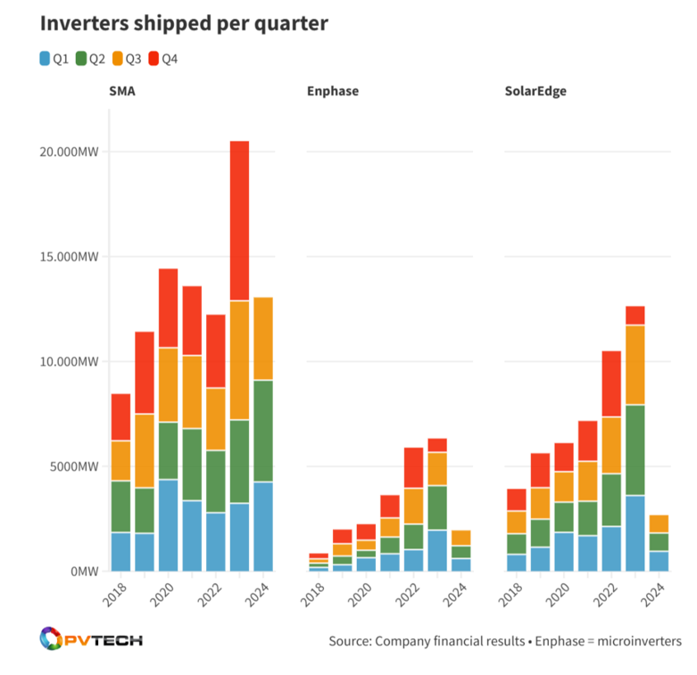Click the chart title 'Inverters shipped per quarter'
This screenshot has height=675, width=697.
point(184,24)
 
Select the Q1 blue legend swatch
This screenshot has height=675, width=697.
point(45,60)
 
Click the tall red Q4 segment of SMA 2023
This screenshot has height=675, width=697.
point(239,220)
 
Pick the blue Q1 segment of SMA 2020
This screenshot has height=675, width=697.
point(168,525)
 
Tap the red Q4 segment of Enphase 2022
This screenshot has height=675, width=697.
point(412,467)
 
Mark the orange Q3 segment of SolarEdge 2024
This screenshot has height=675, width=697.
point(659,523)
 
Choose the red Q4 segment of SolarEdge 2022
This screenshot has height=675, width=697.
point(610,383)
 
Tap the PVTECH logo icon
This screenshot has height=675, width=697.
point(52,640)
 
